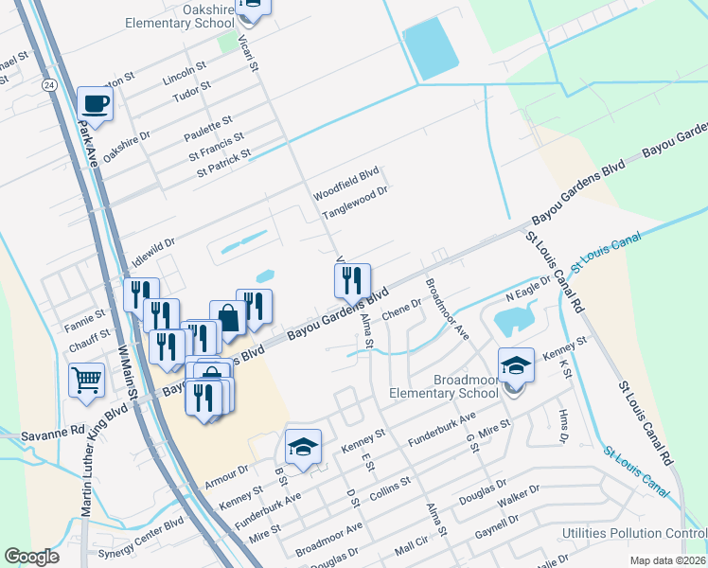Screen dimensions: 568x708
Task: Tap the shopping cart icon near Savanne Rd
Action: (86, 381)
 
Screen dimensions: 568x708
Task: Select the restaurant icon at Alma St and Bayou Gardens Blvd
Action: (351, 279)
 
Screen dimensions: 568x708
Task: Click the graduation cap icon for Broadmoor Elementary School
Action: (517, 364)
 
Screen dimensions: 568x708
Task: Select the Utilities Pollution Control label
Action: (634, 534)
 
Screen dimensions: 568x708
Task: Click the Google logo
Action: (31, 557)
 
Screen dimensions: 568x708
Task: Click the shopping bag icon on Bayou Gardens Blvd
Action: (228, 315)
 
